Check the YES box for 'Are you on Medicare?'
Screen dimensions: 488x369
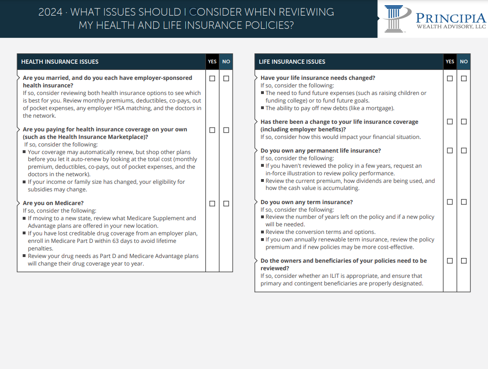212,204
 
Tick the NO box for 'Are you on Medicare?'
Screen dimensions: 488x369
226,204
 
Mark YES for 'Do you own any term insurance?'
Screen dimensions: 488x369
450,202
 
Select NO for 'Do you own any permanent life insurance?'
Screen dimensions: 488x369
463,151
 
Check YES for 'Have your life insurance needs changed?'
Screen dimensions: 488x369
450,78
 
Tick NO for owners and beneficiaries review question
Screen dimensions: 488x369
463,261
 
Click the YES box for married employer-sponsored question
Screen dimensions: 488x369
212,78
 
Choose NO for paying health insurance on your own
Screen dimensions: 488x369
226,130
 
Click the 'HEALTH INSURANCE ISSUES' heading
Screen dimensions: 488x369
60,62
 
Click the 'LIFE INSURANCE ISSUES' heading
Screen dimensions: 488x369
292,62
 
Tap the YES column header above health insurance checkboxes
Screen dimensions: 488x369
212,62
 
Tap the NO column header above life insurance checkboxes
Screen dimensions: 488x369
463,62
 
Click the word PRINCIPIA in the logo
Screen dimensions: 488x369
450,18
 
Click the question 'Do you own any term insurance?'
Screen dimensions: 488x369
306,202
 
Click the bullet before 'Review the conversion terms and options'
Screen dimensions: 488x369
262,232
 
